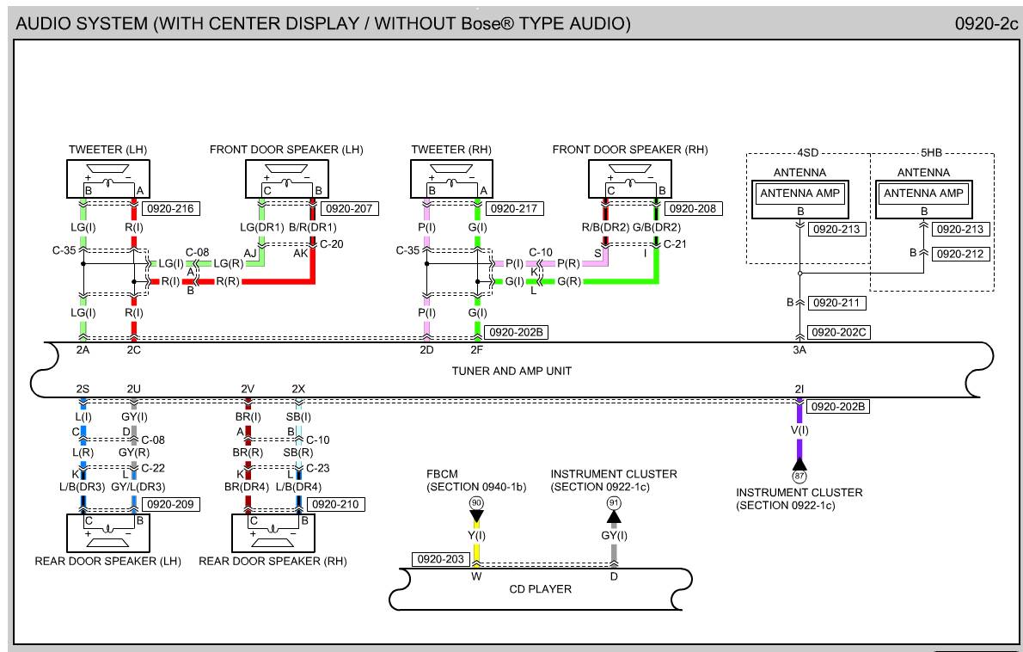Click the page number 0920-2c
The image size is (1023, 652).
(x=986, y=24)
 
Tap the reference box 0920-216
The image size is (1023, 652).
(x=170, y=208)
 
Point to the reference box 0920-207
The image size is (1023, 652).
(x=349, y=208)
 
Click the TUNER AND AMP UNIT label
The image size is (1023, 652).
(x=512, y=371)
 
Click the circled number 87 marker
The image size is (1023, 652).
(x=799, y=476)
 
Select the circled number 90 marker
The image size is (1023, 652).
(x=475, y=502)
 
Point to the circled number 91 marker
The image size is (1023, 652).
(x=613, y=502)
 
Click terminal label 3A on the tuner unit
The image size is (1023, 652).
(x=799, y=349)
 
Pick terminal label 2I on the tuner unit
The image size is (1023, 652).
(x=799, y=390)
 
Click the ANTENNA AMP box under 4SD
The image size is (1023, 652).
(x=799, y=194)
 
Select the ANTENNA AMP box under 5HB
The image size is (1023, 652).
(x=924, y=194)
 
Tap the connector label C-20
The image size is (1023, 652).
(x=332, y=244)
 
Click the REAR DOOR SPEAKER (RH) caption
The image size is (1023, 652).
(x=273, y=562)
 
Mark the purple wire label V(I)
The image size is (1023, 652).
(x=799, y=429)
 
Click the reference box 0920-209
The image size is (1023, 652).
(x=171, y=504)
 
